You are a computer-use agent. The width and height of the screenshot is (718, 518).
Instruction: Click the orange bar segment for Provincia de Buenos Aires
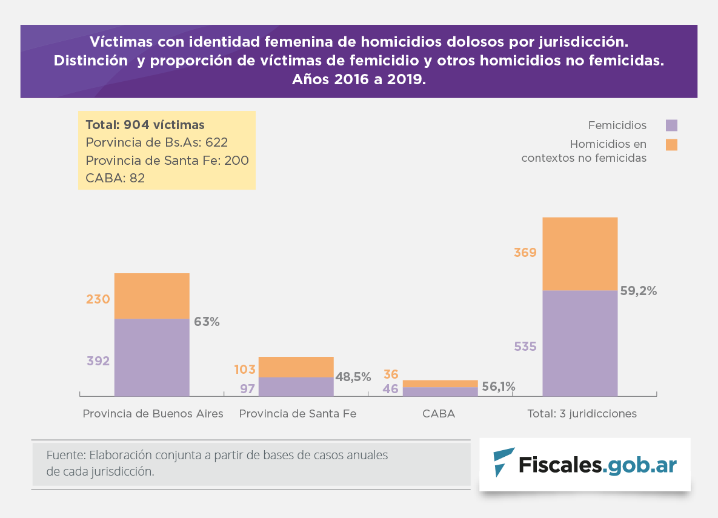[151, 296]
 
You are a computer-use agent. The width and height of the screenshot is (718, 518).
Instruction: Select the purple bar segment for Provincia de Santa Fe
[296, 387]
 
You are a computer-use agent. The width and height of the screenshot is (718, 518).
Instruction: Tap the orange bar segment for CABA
[440, 384]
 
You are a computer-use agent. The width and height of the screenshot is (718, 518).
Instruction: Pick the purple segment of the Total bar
[580, 343]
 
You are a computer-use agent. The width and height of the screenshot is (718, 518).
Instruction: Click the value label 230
[98, 299]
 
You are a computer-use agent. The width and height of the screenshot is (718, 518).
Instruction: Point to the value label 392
[98, 361]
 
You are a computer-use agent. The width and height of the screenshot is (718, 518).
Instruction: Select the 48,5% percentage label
[353, 377]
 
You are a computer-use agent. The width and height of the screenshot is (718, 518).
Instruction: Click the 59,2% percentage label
[639, 291]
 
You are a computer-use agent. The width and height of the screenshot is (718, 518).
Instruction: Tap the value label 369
[525, 253]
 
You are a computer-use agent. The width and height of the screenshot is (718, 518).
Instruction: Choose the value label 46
[391, 389]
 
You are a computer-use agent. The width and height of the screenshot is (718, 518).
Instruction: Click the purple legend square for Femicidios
[671, 125]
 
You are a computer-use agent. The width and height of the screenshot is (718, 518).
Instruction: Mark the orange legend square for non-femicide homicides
[671, 145]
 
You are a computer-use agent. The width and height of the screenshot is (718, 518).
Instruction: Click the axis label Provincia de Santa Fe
[298, 414]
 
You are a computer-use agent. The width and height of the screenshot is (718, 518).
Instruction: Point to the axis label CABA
[439, 414]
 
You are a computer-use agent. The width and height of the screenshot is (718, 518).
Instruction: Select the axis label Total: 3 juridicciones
[582, 414]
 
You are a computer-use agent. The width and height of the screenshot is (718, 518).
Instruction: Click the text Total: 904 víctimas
[145, 125]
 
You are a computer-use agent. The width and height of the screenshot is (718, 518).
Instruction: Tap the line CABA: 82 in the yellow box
[115, 178]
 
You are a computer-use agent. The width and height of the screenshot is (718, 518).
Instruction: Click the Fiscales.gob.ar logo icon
[504, 462]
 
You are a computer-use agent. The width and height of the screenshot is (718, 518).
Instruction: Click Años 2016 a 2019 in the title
[359, 79]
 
